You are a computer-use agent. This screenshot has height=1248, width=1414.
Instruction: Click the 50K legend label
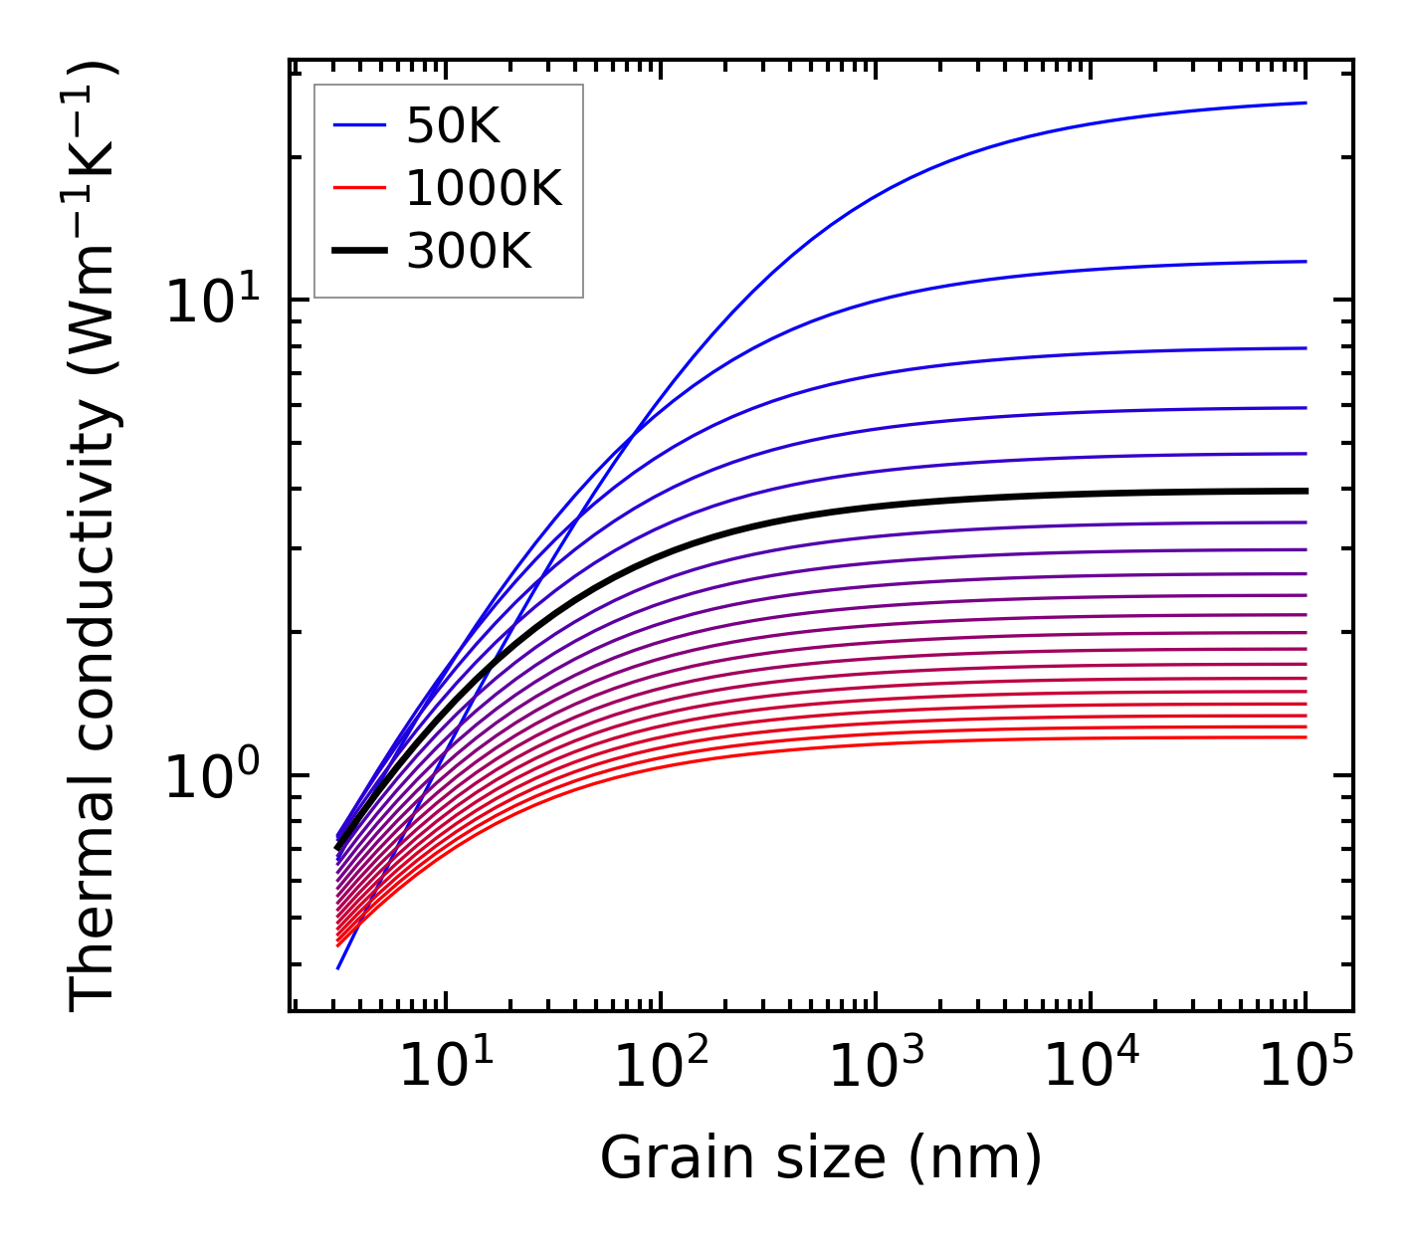coord(453,126)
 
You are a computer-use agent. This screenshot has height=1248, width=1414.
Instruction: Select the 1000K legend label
coord(484,188)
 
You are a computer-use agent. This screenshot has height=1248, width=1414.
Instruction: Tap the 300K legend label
coord(469,251)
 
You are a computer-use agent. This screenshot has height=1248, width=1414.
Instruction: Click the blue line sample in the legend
coord(358,126)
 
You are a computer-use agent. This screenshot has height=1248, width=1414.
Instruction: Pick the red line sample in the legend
coord(358,188)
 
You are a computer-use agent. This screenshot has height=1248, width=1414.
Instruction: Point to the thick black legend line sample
coord(358,251)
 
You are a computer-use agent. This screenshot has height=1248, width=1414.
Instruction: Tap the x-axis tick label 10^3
coord(876,1067)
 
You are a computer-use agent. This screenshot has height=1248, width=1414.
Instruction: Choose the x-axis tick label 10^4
coord(1091,1067)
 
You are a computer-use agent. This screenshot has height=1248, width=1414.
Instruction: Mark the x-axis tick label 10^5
coord(1306,1067)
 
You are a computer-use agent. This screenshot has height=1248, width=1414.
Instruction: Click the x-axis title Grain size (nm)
coord(821,1158)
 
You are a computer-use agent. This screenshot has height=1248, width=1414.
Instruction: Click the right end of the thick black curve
coord(1305,491)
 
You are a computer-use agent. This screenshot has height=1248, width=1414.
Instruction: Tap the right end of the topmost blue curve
coord(1305,103)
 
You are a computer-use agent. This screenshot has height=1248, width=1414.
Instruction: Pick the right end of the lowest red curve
coord(1305,736)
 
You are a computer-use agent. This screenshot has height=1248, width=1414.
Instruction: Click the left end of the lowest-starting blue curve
coord(338,967)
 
